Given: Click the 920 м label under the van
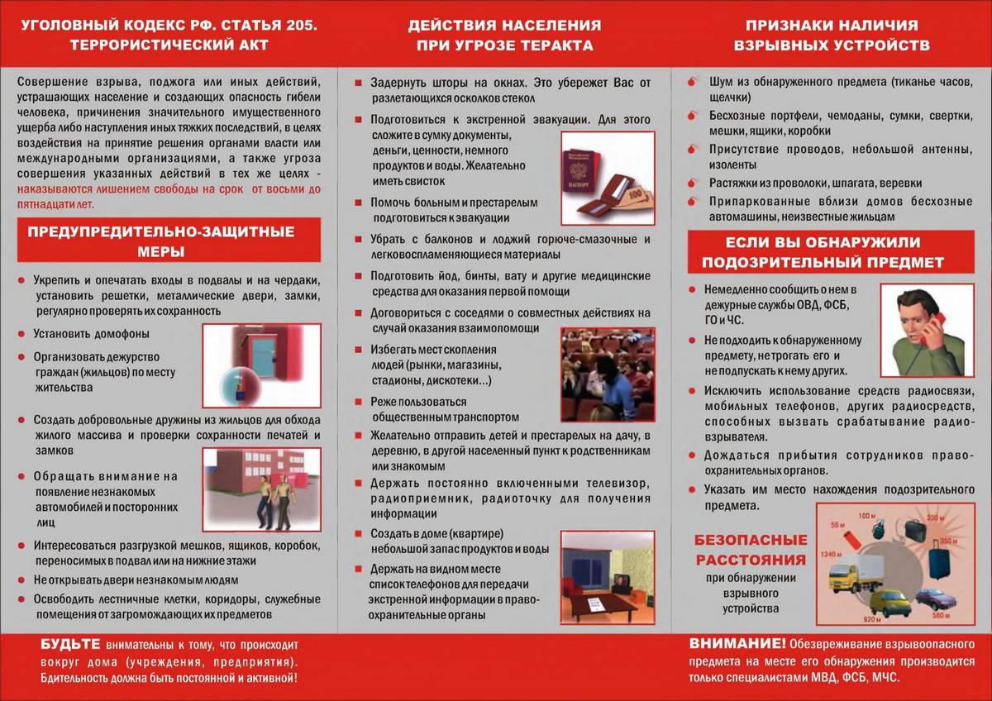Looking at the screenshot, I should coord(873,619).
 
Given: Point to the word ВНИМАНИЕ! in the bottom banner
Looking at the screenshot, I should coord(738,644).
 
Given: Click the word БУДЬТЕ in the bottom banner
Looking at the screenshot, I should coord(70,644).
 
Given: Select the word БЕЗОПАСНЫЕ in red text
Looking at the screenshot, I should coord(751,541).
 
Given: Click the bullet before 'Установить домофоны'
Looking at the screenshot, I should coord(21,334).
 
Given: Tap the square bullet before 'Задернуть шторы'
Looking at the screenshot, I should coord(359,83).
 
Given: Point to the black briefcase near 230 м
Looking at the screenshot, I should coord(915,530).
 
